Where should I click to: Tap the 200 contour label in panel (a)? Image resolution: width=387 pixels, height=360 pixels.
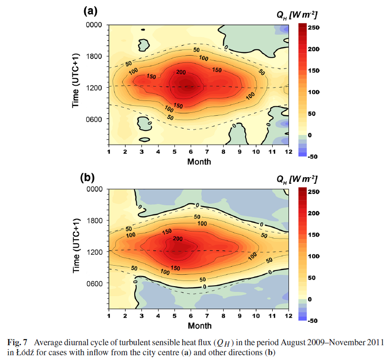click(180, 72)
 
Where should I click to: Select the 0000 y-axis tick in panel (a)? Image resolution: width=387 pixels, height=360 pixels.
click(95, 25)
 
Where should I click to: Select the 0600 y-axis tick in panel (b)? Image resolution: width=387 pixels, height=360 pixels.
click(95, 283)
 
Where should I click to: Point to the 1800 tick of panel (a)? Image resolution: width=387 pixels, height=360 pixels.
click(95, 56)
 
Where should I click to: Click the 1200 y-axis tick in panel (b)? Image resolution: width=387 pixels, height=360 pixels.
click(95, 252)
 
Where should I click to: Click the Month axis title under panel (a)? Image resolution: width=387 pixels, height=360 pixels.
click(199, 161)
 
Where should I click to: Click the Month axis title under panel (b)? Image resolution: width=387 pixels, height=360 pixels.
click(199, 326)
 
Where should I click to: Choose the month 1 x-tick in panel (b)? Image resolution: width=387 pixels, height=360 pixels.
click(109, 317)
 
